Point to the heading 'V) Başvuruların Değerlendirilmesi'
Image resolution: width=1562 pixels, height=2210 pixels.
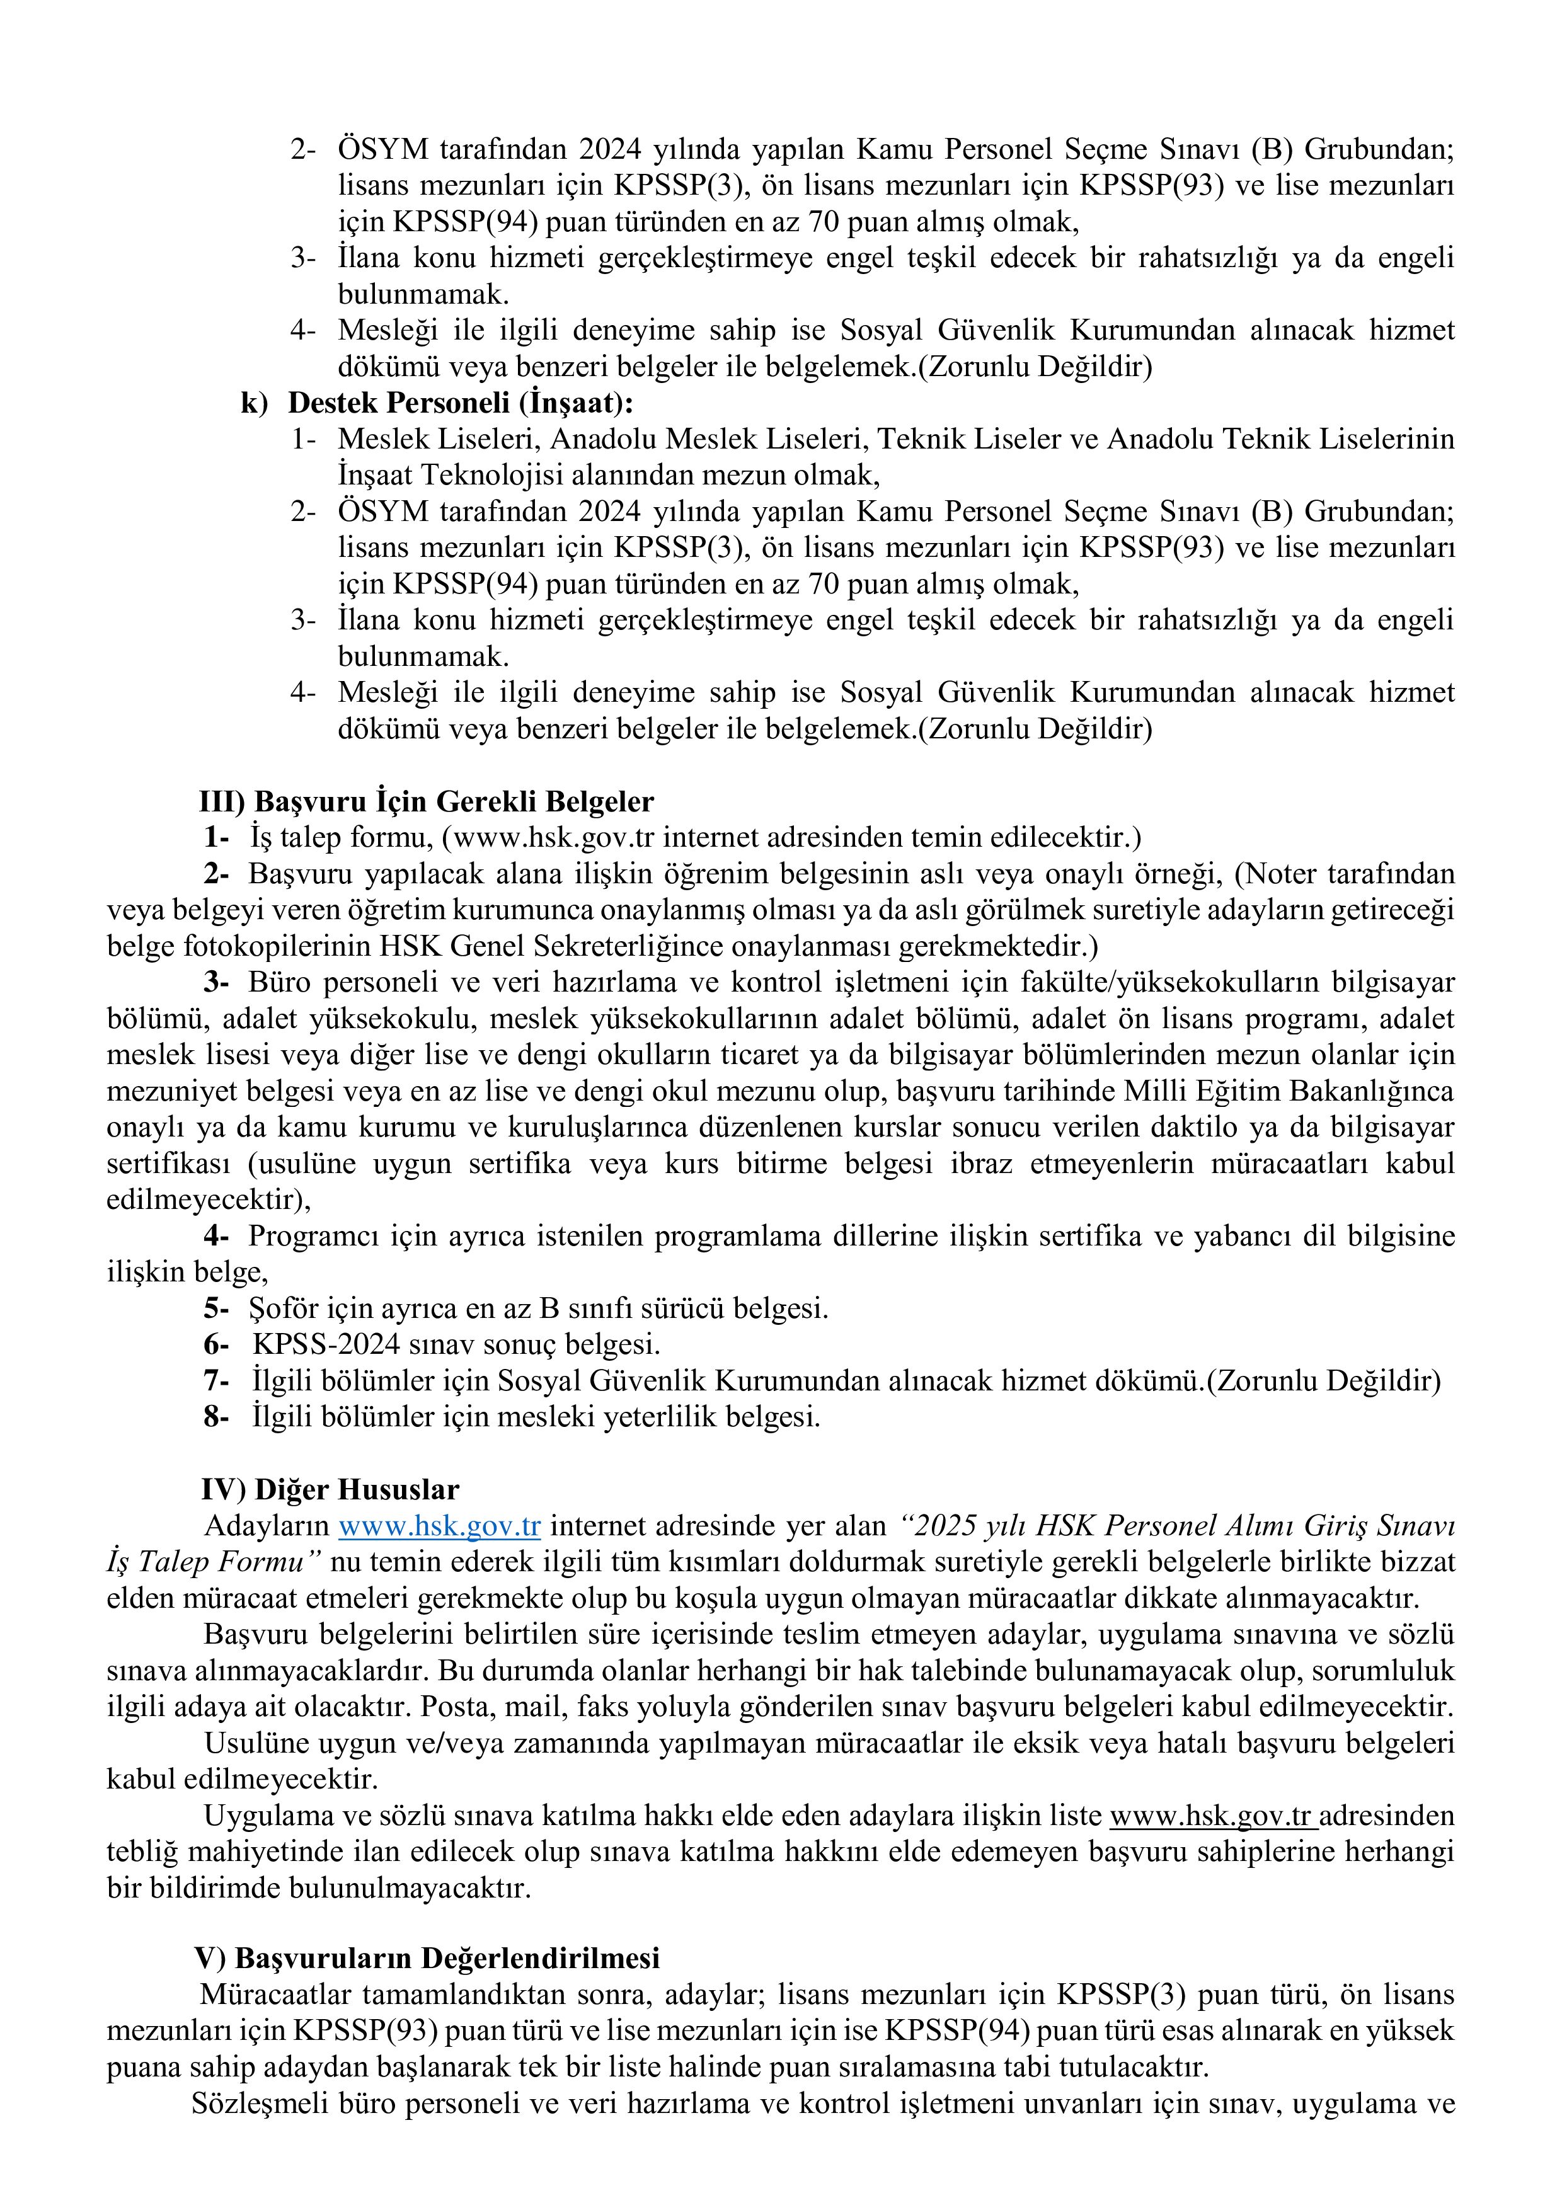(427, 1958)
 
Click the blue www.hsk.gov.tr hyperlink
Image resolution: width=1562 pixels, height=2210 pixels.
(440, 1526)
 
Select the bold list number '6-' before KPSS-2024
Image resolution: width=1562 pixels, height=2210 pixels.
(215, 1344)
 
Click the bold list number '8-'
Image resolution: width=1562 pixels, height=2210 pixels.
(215, 1417)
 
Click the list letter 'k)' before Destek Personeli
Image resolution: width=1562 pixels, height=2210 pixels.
(253, 403)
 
